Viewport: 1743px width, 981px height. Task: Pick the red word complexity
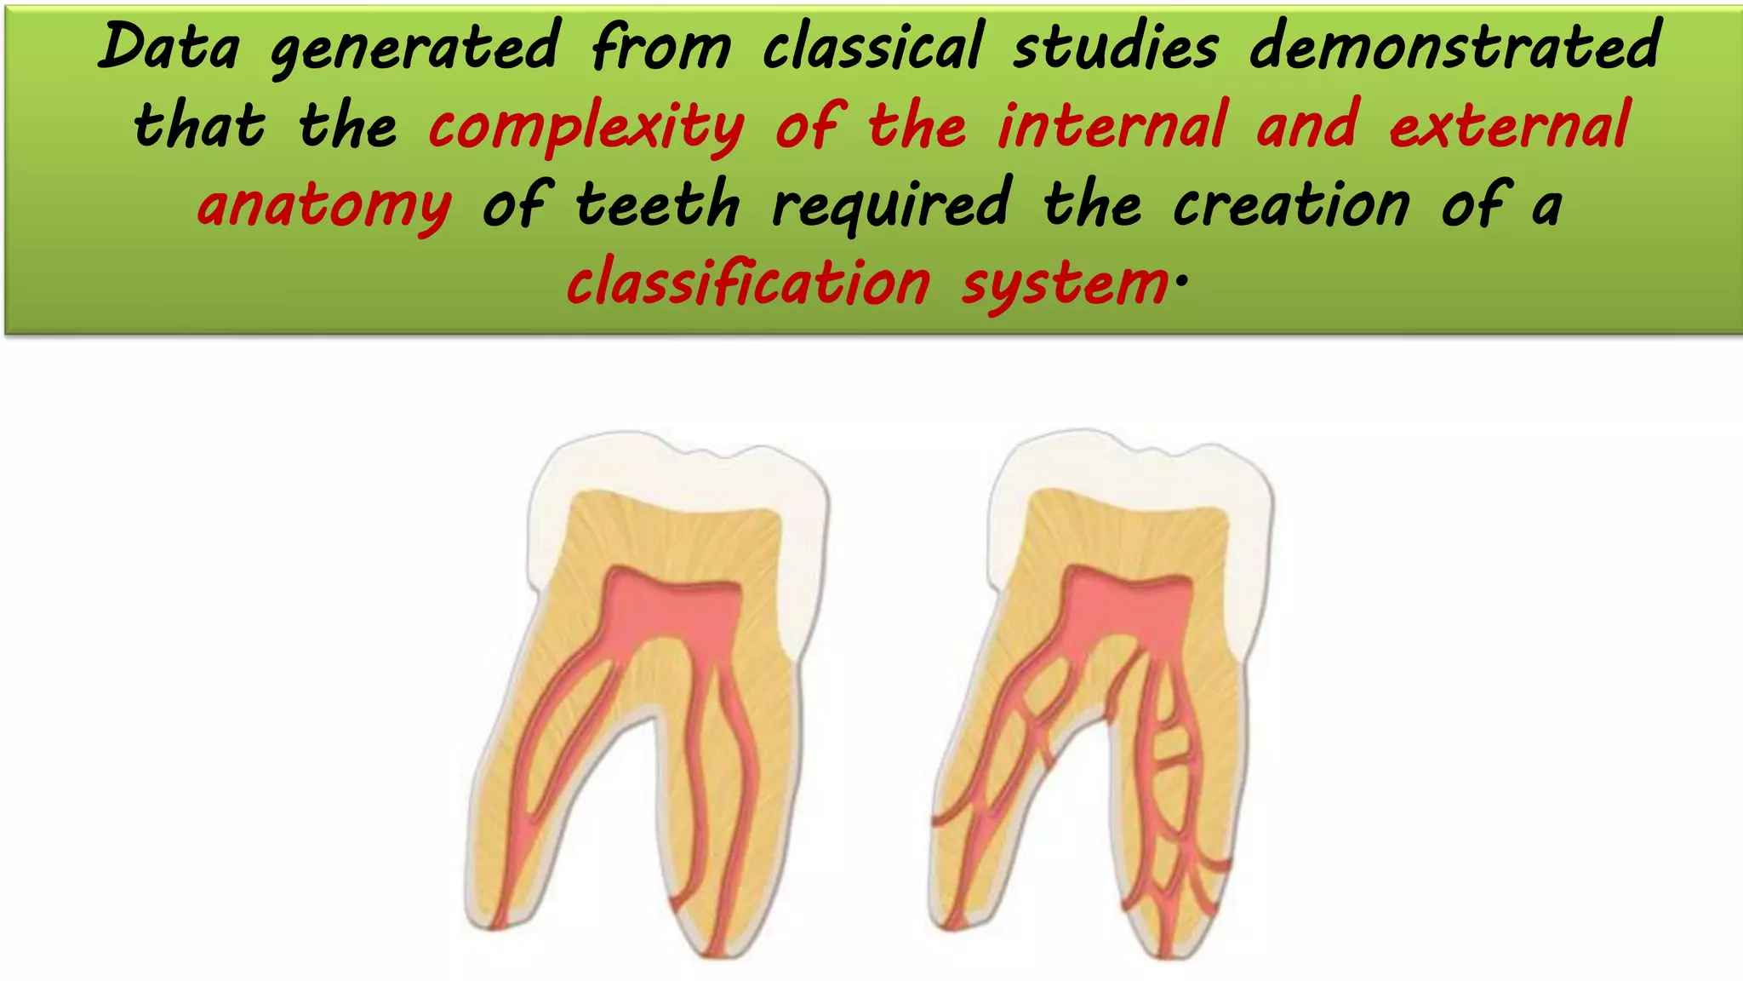pyautogui.click(x=586, y=128)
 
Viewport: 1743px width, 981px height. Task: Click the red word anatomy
pyautogui.click(x=324, y=206)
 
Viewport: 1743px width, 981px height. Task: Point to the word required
pyautogui.click(x=891, y=206)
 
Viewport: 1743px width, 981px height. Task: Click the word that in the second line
pyautogui.click(x=199, y=126)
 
